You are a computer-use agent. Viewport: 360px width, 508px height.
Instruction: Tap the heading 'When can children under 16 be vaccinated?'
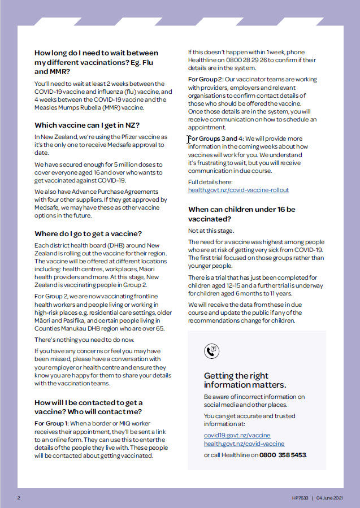[x=241, y=214]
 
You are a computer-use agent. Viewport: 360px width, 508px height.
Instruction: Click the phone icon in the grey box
[x=211, y=351]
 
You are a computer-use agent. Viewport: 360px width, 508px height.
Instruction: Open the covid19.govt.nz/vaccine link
[x=237, y=435]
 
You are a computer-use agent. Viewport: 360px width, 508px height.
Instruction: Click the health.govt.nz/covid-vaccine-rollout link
[x=238, y=190]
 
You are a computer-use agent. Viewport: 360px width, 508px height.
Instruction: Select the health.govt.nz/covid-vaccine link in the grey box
[x=244, y=444]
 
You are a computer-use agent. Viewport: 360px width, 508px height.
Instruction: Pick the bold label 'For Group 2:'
[x=205, y=80]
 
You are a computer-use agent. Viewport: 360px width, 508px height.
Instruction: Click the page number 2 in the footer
[x=19, y=498]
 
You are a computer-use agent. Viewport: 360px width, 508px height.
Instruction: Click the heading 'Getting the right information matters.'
[x=245, y=380]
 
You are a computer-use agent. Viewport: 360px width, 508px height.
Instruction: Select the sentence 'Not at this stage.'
[x=211, y=231]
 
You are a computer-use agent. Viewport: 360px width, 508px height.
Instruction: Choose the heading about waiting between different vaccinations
[x=96, y=62]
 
